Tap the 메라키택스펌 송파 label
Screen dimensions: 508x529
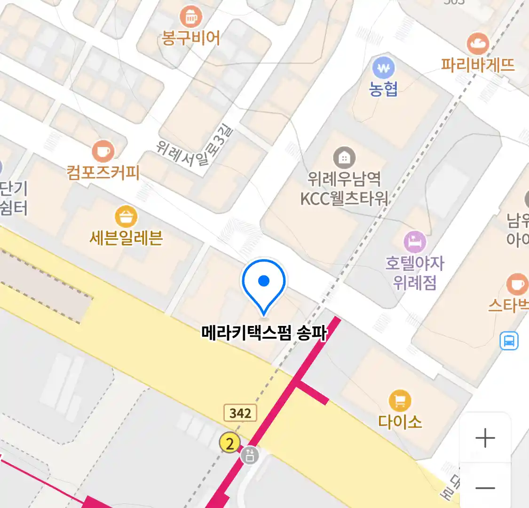(x=264, y=333)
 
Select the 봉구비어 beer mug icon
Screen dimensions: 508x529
(x=190, y=17)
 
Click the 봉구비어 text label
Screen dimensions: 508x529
(x=190, y=38)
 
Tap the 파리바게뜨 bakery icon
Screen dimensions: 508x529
(x=478, y=44)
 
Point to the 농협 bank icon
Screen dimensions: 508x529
(x=384, y=69)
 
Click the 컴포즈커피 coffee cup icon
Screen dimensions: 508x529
(x=103, y=151)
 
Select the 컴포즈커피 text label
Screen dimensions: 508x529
(x=103, y=172)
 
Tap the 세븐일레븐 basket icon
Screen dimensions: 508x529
(x=126, y=217)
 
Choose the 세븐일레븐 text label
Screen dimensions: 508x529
(x=126, y=238)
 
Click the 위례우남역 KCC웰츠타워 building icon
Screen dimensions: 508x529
(x=344, y=158)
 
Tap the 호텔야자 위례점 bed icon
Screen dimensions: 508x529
(x=414, y=242)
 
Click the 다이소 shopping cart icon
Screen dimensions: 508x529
(x=400, y=401)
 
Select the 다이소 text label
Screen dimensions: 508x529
(x=400, y=421)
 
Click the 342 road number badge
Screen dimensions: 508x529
(x=240, y=413)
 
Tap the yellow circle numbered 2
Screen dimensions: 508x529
(x=229, y=443)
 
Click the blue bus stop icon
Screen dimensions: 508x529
(x=509, y=341)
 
